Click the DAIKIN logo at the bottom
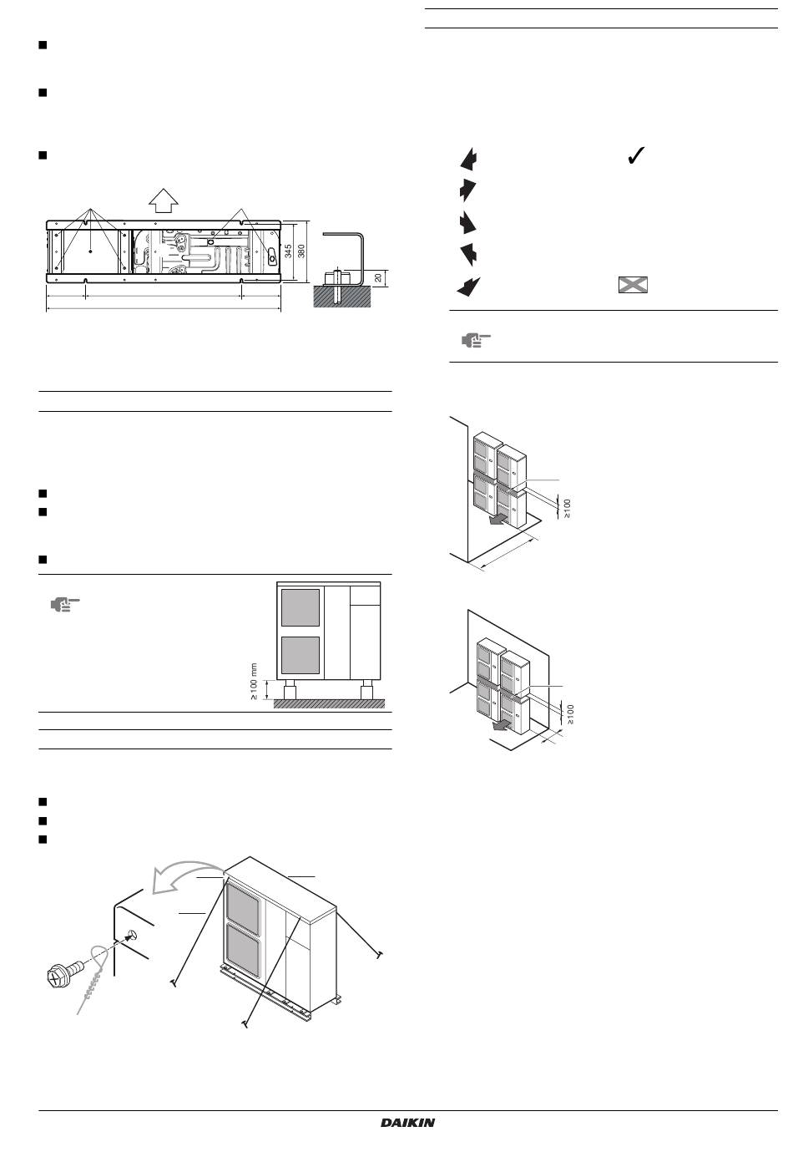point(407,1123)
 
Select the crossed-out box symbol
point(633,285)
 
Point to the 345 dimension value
point(289,251)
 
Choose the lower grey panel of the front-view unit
point(301,656)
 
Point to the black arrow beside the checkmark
point(470,160)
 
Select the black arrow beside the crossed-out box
point(468,287)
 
